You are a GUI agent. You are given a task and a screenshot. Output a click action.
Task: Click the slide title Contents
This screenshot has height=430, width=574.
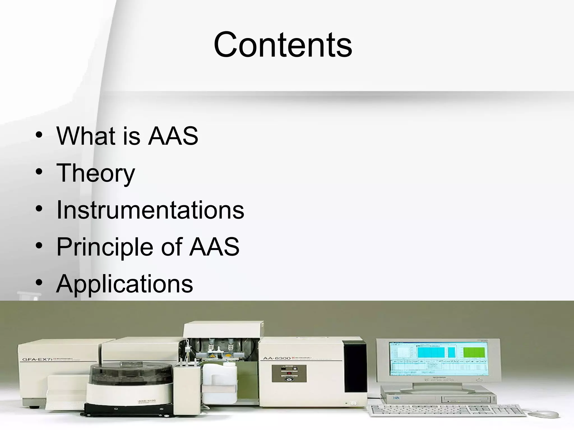point(283,45)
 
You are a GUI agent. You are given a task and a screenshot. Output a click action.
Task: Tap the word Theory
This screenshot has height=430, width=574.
point(96,173)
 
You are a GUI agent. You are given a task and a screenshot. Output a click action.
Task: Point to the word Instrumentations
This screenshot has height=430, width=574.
point(150,210)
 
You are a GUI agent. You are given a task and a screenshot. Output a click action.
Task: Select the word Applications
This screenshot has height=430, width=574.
point(124,284)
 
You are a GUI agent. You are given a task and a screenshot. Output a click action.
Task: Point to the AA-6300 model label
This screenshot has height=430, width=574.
point(276,358)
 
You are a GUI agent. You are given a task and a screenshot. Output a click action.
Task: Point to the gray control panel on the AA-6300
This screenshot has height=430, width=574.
point(289,373)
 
